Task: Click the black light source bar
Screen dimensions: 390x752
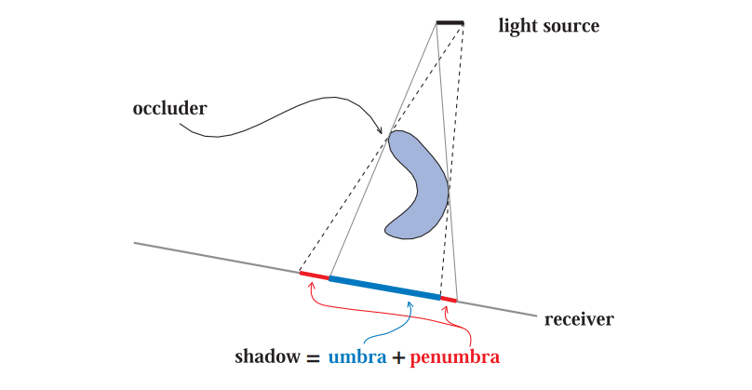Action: [450, 22]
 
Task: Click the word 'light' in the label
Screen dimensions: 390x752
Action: [517, 25]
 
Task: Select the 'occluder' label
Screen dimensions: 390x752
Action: [169, 108]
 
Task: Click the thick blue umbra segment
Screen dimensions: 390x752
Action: [384, 287]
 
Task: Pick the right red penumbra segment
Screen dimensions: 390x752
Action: [449, 300]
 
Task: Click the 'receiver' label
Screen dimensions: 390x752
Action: [579, 319]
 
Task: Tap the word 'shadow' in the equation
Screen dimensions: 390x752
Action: [265, 356]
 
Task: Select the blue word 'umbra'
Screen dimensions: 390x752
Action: [356, 357]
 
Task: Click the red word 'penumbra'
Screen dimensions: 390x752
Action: [454, 357]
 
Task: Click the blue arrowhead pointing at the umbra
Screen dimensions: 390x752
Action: [410, 304]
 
